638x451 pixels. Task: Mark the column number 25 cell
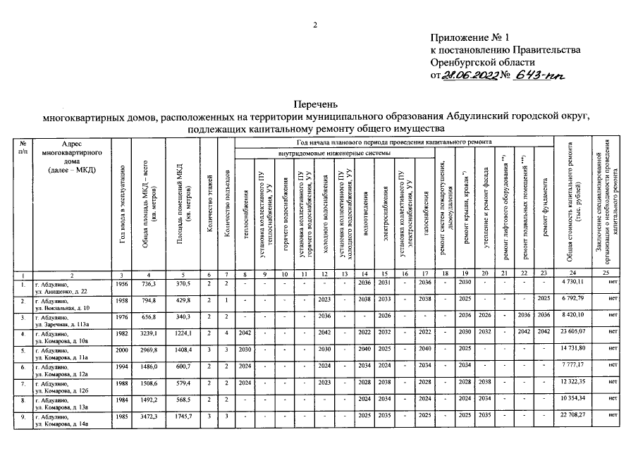click(x=606, y=273)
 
